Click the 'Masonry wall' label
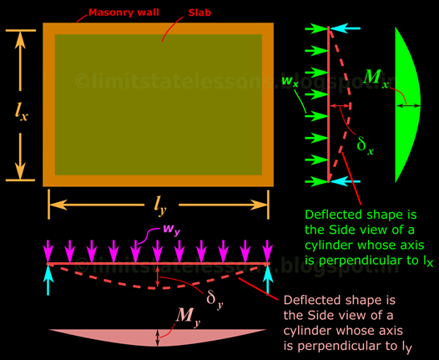pos(124,13)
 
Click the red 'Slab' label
pos(199,13)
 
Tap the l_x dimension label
pos(21,112)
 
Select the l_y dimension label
pos(160,206)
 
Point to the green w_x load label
pos(290,81)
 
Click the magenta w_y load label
pos(172,230)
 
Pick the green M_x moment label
pos(376,78)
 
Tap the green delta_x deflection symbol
pos(365,145)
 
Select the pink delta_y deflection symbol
pos(214,299)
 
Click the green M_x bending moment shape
pos(407,105)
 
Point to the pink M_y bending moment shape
pos(158,337)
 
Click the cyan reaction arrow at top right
pos(345,28)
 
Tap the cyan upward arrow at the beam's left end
pos(48,280)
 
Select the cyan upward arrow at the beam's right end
pos(268,280)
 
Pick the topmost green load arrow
pos(316,28)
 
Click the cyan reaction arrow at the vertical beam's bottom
pos(345,181)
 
